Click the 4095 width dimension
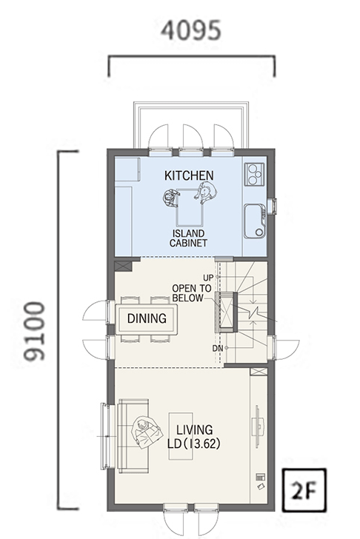[x=191, y=30]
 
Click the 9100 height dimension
[x=34, y=332]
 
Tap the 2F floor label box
[x=304, y=490]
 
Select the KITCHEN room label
[x=189, y=175]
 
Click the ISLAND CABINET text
[x=188, y=238]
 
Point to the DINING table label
[x=147, y=318]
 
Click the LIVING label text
[x=194, y=429]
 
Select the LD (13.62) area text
[x=193, y=443]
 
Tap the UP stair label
[x=208, y=278]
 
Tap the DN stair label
[x=218, y=348]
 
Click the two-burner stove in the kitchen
[x=254, y=175]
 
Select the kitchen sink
[x=255, y=221]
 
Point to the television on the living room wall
[x=258, y=426]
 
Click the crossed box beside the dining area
[x=123, y=266]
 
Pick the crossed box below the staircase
[x=259, y=371]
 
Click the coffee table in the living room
[x=181, y=436]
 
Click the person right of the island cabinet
[x=205, y=193]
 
